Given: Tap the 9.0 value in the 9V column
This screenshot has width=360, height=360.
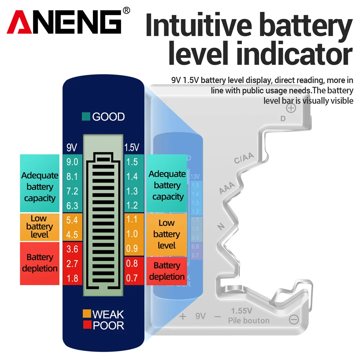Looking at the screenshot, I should pos(72,162).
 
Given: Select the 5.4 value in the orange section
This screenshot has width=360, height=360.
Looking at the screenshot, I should pos(72,220).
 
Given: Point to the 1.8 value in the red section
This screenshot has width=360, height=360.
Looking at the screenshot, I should pos(72,278).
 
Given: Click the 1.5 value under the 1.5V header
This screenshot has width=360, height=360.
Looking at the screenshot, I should pos(132,162).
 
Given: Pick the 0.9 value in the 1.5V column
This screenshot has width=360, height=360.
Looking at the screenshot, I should pos(132,249).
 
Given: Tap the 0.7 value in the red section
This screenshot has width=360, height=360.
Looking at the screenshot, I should pos(132,278).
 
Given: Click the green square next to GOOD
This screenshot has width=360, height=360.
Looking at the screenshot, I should pos(86,117).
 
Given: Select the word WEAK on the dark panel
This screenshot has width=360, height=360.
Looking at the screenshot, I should pos(108,314).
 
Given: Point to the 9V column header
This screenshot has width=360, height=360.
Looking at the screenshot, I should pos(72,147).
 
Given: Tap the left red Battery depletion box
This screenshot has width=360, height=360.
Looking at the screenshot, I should pos(40,263).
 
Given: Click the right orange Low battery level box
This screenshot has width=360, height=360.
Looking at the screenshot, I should pos(166,234).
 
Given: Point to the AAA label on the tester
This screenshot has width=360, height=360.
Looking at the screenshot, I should pos(227,188).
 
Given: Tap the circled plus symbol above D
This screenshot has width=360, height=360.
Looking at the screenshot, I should pos(291,108).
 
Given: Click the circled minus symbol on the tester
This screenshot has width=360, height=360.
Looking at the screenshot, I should pos(294,319).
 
